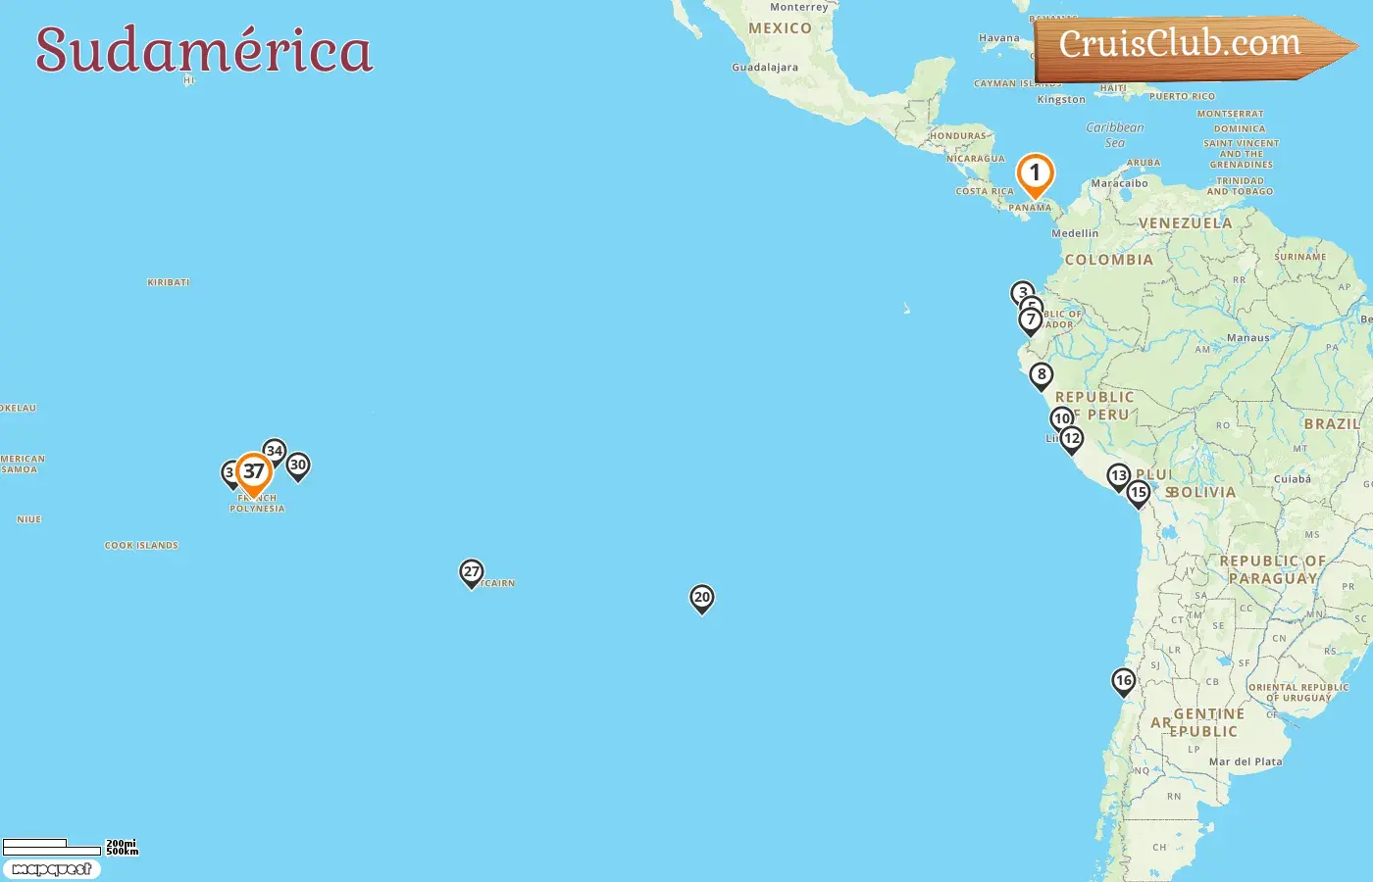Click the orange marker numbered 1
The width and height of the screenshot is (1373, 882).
click(1035, 174)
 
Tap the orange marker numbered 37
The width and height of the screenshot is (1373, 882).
click(254, 472)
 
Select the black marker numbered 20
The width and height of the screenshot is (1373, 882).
click(701, 598)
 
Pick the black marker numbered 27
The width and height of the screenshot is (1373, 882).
click(472, 572)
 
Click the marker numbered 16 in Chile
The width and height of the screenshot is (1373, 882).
click(1123, 681)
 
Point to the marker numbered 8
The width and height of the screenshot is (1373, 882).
click(1042, 375)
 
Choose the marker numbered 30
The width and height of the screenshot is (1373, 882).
click(298, 465)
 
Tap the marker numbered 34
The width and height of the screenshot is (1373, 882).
click(275, 452)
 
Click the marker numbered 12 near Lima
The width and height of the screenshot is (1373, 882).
click(1072, 439)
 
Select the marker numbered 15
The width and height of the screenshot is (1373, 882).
click(1138, 493)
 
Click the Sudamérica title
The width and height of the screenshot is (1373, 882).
click(204, 51)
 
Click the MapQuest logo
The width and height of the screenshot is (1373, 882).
click(51, 869)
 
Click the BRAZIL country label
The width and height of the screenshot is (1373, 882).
click(1332, 424)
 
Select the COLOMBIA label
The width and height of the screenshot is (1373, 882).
click(1108, 260)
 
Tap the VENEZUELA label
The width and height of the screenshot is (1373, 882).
click(1185, 223)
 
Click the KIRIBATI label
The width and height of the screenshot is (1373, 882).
click(168, 282)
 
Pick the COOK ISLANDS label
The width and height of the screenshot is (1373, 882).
click(141, 546)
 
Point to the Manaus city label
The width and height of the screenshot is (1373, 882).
click(1247, 338)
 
